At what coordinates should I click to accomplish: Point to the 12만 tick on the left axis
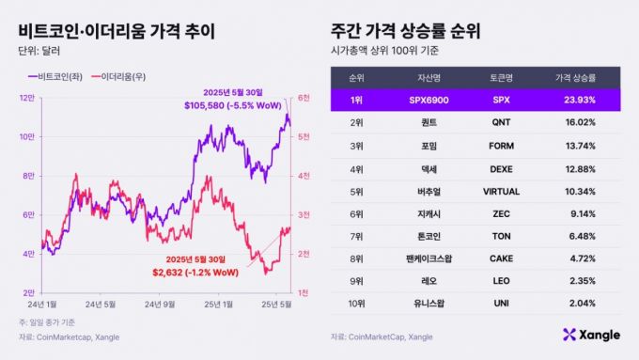pyautogui.click(x=29, y=98)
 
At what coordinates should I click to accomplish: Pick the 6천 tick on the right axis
pyautogui.click(x=304, y=98)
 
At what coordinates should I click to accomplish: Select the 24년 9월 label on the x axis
pyautogui.click(x=162, y=304)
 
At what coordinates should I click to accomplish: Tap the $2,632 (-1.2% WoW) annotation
pyautogui.click(x=194, y=272)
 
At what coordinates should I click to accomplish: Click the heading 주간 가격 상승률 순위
pyautogui.click(x=406, y=31)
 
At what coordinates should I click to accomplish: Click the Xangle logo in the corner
pyautogui.click(x=592, y=334)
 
